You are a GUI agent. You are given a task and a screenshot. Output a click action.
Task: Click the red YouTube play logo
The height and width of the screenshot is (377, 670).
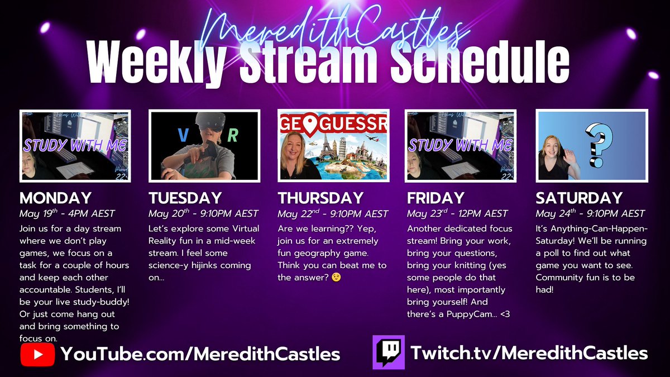coord(37,354)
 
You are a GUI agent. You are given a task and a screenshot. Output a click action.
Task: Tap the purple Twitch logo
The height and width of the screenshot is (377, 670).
coord(388,352)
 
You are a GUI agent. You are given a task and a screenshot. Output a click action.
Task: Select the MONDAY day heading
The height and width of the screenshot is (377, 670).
coord(55,198)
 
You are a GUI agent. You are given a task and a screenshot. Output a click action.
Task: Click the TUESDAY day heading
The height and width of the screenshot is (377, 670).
coord(185,198)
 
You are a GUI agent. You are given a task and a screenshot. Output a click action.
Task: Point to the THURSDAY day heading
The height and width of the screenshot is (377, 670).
coord(320,198)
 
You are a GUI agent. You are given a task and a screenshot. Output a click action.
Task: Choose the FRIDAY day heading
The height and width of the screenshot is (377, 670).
coord(435,198)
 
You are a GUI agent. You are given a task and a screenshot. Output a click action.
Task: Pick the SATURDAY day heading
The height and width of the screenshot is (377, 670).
coord(579,198)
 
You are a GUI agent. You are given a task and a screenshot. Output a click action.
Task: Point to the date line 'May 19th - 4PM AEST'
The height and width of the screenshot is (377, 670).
coord(68,214)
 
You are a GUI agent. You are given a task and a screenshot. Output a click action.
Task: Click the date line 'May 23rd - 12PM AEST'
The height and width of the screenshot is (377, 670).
coord(457,214)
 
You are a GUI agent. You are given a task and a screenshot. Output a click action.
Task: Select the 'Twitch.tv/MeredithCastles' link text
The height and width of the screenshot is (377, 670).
coord(529,353)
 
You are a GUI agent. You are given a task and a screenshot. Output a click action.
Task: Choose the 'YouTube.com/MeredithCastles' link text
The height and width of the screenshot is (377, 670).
coord(200,354)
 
